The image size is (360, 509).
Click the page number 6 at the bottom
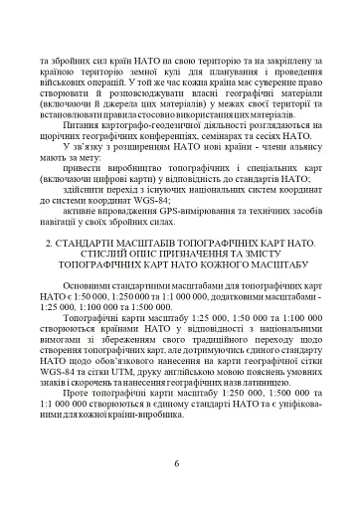176,462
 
